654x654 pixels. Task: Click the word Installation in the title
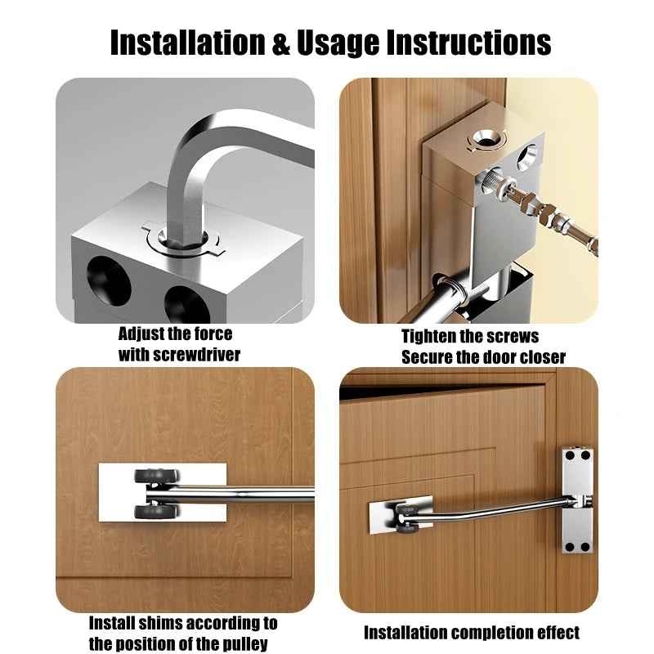pyautogui.click(x=188, y=43)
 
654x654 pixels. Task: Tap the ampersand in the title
pyautogui.click(x=280, y=43)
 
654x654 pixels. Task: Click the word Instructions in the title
pyautogui.click(x=468, y=43)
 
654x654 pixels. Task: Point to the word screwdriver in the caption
pyautogui.click(x=196, y=355)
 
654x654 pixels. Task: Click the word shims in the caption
pyautogui.click(x=159, y=623)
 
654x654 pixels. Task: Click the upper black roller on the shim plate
pyautogui.click(x=157, y=475)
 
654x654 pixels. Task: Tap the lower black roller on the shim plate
pyautogui.click(x=157, y=511)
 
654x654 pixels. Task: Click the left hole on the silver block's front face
pyautogui.click(x=109, y=279)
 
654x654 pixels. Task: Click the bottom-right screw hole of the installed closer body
pyautogui.click(x=585, y=547)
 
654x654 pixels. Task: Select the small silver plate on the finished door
pyautogui.click(x=401, y=515)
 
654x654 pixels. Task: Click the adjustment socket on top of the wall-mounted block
pyautogui.click(x=486, y=138)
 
